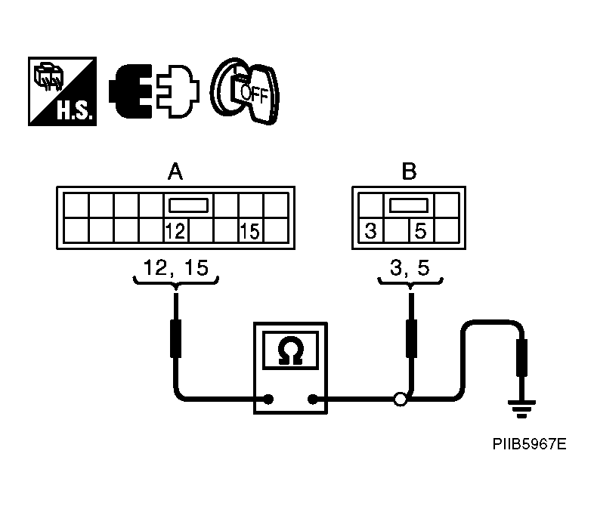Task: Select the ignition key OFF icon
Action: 245,91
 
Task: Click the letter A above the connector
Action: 175,172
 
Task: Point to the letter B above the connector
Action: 409,172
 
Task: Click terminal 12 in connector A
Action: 175,231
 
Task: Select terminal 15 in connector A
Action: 250,231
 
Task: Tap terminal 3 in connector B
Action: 370,231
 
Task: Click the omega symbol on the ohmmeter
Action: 289,352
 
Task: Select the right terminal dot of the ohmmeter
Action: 312,400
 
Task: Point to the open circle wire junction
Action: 401,400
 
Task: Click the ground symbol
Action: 519,411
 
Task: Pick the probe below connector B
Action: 411,338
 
